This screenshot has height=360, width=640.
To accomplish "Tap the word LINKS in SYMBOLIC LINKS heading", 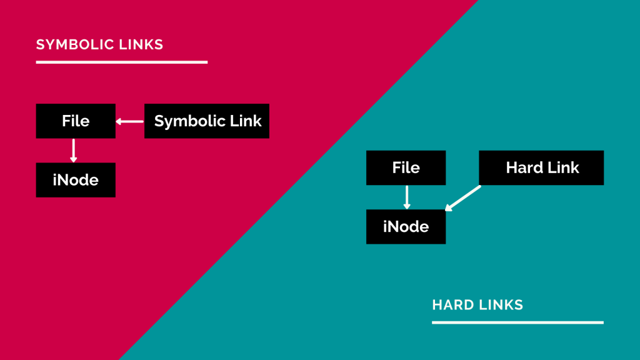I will [x=143, y=45].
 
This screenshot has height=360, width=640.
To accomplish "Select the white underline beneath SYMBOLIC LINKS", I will [x=121, y=62].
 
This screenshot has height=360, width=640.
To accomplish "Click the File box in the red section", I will [x=76, y=121].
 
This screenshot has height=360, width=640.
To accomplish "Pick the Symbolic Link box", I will [x=207, y=121].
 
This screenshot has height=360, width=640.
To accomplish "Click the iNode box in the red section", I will [x=76, y=180].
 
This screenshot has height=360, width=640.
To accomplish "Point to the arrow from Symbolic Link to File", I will [x=130, y=121].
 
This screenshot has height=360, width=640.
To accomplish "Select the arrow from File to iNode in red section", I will [x=74, y=151].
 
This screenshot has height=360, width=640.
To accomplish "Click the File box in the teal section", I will [x=406, y=167].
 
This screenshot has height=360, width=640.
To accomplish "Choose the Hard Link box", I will [x=542, y=167].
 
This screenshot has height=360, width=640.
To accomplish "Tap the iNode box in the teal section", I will [x=406, y=226].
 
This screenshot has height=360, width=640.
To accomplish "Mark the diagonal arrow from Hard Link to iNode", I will [x=463, y=197].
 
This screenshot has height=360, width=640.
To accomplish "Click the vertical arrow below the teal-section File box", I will [x=407, y=197].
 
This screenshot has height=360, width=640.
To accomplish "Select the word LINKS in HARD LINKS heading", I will [x=500, y=305].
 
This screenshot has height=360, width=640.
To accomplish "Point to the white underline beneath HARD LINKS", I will [x=517, y=322].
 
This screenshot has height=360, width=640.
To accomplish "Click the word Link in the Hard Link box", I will [x=562, y=167].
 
